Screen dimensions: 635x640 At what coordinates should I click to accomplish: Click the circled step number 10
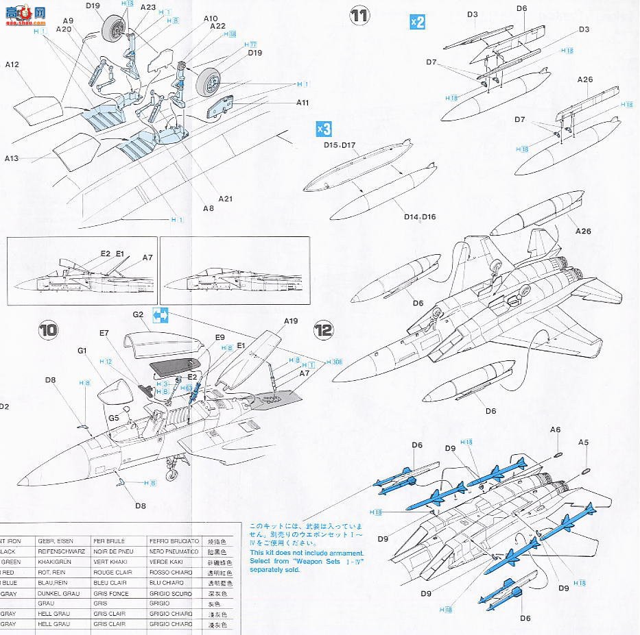[x=48, y=330]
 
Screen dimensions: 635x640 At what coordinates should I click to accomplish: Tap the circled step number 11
[x=359, y=16]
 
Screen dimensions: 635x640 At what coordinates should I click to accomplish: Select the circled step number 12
[x=323, y=330]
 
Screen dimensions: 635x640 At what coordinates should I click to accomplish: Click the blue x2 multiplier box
[x=417, y=22]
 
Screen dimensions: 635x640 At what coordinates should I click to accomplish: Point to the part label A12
[x=12, y=65]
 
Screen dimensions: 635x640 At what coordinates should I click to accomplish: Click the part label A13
[x=12, y=158]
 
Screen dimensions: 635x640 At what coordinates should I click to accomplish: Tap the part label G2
[x=138, y=314]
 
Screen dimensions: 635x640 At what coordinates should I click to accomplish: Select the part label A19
[x=291, y=321]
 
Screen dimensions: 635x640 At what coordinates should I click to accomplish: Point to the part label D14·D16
[x=420, y=217]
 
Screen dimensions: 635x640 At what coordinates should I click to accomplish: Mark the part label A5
[x=583, y=442]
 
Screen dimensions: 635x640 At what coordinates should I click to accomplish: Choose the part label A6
[x=556, y=429]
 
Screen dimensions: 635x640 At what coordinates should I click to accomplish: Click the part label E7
[x=104, y=333]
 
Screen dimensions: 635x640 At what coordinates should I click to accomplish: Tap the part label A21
[x=226, y=199]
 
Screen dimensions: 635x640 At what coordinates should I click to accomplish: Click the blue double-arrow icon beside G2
[x=161, y=316]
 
